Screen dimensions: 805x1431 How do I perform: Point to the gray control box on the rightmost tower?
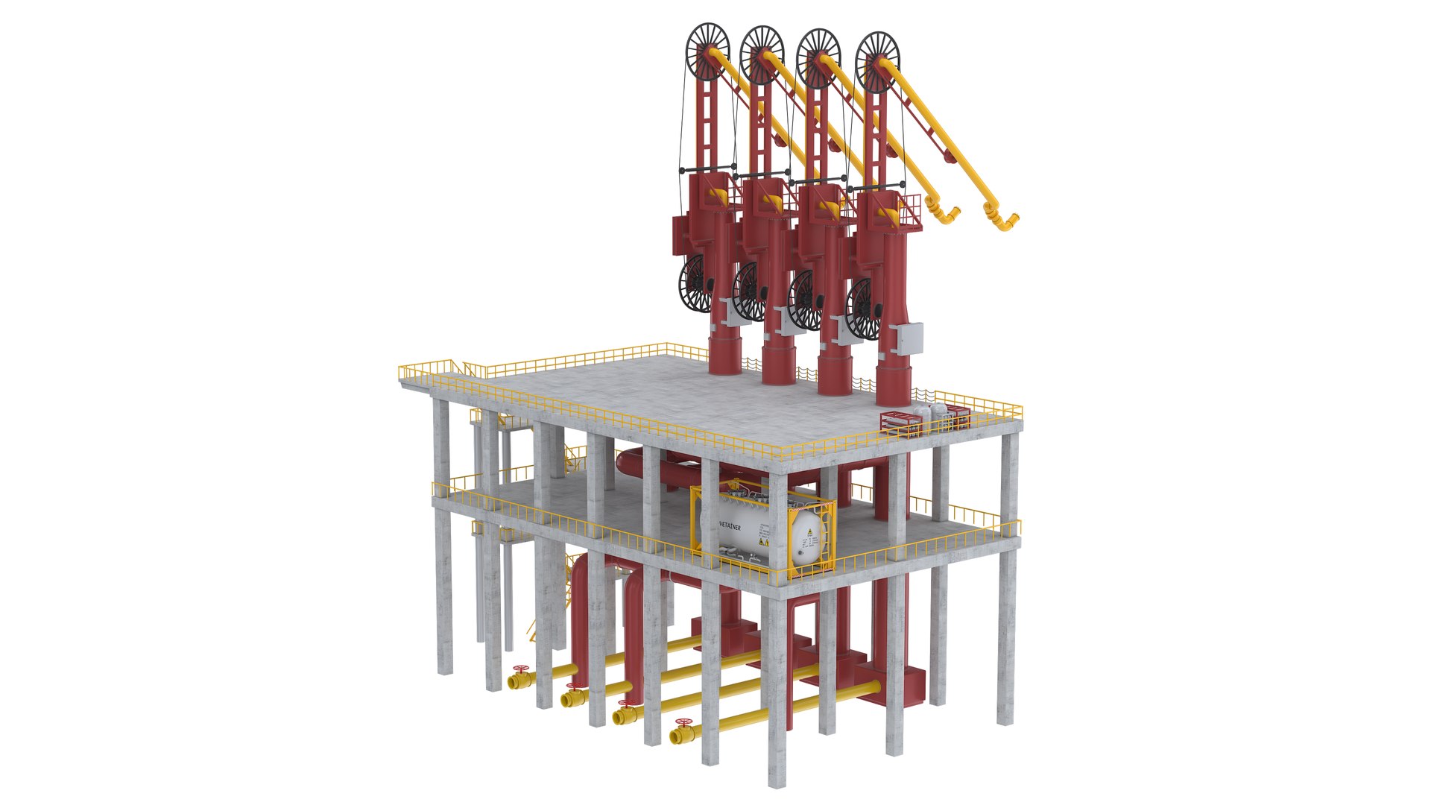tap(910, 340)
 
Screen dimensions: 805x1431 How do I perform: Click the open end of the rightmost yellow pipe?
tap(675, 736)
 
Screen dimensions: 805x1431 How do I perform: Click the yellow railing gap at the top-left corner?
tap(456, 365)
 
